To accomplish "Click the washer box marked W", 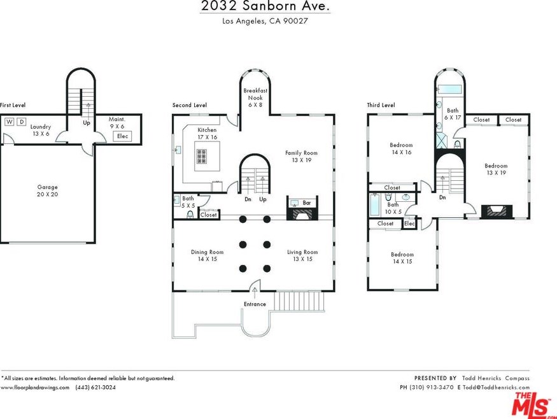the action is click(x=10, y=122).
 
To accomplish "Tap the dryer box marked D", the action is click(x=22, y=122).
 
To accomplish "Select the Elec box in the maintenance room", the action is click(x=123, y=136).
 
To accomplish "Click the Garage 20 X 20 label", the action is click(x=47, y=190).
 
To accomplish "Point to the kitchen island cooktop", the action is click(x=202, y=157).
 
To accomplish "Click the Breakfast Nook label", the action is click(x=255, y=94).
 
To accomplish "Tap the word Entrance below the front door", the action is click(x=255, y=304).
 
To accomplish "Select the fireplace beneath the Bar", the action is click(x=302, y=213).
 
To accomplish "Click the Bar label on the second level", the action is click(x=307, y=203).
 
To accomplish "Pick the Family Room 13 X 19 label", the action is click(x=301, y=157).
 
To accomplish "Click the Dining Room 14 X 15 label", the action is click(x=207, y=255).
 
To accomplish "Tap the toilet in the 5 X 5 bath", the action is click(x=190, y=215).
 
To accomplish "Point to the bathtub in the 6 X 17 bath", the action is click(x=449, y=89).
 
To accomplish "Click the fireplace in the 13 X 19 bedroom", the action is click(x=497, y=211).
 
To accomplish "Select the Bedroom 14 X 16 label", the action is click(x=402, y=148).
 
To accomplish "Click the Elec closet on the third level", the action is click(x=409, y=224).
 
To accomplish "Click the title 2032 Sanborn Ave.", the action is click(x=265, y=6).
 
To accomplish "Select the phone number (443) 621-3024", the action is click(x=95, y=387).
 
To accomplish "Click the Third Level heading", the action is click(x=381, y=105).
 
